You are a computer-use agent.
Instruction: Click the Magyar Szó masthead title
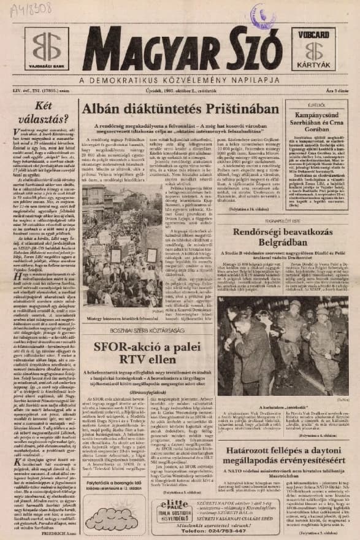point(182,50)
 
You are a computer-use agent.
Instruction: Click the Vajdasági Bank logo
point(47,49)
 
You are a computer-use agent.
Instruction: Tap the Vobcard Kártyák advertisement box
point(313,48)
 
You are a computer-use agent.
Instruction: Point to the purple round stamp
point(263,15)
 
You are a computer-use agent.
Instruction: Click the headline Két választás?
point(41,114)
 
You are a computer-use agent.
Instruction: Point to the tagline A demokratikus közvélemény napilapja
point(182,80)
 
